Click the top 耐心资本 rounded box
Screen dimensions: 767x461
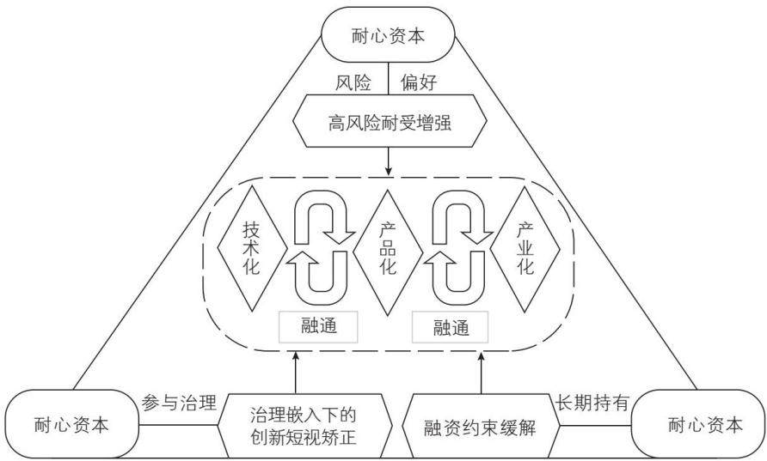click(388, 34)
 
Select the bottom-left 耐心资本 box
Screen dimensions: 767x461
click(72, 424)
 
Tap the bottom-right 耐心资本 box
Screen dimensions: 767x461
click(699, 424)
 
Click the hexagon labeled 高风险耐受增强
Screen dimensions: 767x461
click(390, 121)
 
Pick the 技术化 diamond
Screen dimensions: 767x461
click(252, 249)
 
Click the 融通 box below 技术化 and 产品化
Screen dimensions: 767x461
click(318, 326)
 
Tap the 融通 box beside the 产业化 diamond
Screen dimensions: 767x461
click(451, 327)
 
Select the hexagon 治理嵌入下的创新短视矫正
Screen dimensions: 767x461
click(304, 426)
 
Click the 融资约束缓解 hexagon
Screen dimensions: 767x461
click(481, 426)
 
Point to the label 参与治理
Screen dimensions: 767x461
click(179, 403)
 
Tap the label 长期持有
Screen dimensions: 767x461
click(592, 403)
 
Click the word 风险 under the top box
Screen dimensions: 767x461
click(353, 83)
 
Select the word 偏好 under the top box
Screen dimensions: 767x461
click(419, 83)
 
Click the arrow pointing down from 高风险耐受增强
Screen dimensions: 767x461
click(389, 161)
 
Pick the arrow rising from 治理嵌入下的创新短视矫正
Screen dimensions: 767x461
click(296, 373)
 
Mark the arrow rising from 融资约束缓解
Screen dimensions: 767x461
click(482, 373)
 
